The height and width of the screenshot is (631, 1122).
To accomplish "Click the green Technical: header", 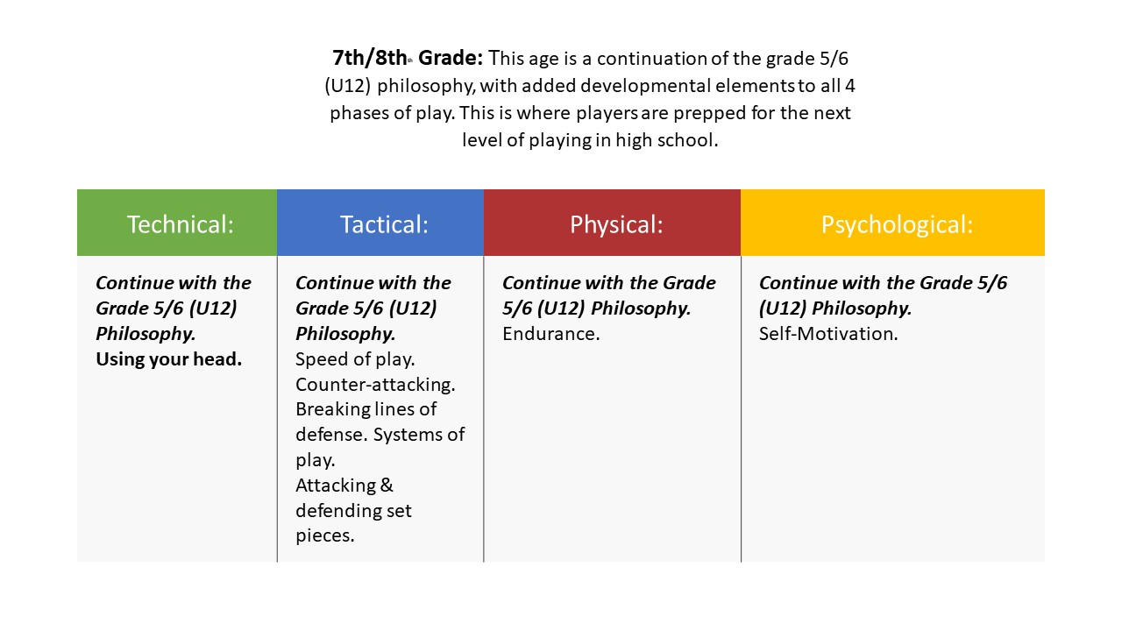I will pos(180,224).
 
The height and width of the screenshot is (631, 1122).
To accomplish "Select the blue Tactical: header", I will pos(384,224).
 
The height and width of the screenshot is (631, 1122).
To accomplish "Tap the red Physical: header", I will pos(616,224).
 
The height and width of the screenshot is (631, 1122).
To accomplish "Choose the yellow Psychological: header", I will pos(897,224).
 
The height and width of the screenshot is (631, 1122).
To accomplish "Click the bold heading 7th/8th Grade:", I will pos(408,59).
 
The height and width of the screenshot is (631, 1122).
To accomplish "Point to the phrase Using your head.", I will pos(168,358).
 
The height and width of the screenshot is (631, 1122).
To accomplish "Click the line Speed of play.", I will pos(355,358).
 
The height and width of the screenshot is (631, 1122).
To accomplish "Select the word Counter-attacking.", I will pos(375,384).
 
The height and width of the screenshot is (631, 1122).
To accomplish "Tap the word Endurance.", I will pos(550,333).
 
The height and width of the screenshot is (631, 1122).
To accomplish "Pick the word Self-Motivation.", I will pos(828,333).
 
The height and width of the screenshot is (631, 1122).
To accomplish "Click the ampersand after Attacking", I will pos(387,485).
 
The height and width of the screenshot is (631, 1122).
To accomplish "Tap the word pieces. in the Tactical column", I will pos(324,535).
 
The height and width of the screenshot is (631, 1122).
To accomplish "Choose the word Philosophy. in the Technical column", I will pos(146,333).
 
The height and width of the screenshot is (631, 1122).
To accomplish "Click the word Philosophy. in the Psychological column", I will pos(861,308).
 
